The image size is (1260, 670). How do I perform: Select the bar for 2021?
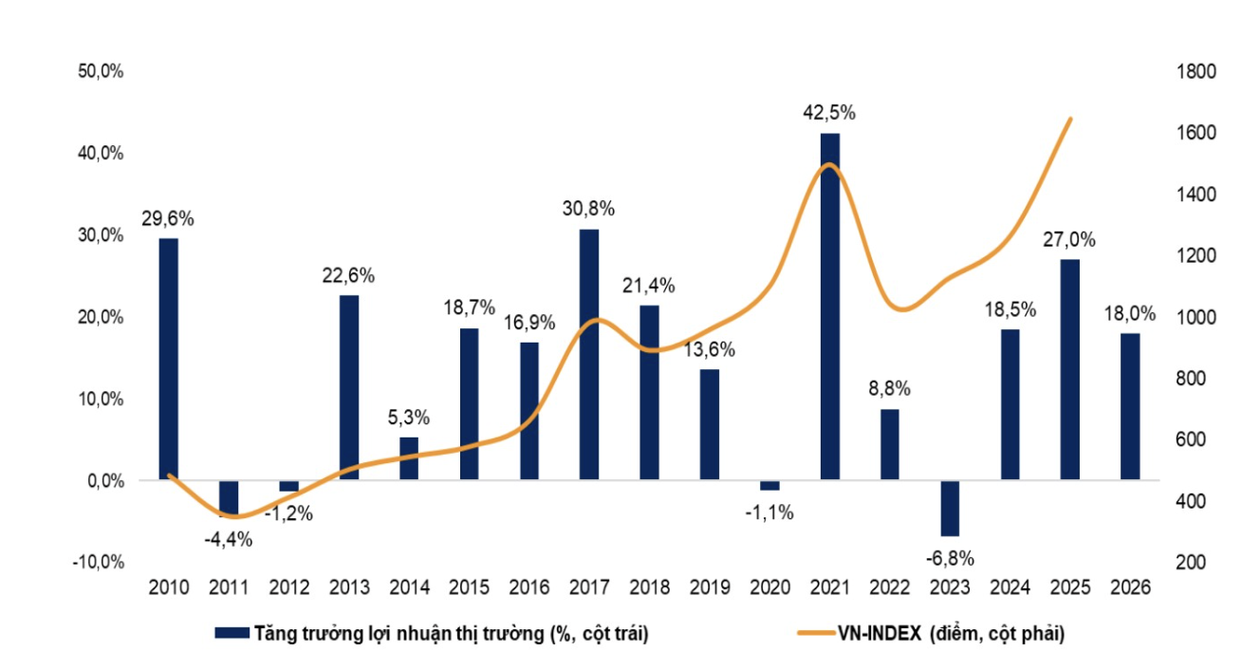click(x=830, y=306)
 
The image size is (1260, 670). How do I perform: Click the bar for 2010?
click(x=168, y=359)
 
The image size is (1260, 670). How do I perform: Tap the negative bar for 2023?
click(x=951, y=508)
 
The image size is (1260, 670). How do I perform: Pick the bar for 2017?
click(x=589, y=354)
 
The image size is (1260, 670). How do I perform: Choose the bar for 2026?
click(x=1130, y=406)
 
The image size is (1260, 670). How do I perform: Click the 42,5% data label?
click(x=830, y=113)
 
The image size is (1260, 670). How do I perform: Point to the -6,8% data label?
click(x=951, y=557)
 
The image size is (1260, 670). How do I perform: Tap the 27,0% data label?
click(x=1070, y=239)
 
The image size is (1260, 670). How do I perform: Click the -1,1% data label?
click(x=769, y=512)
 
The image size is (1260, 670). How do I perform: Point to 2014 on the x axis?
click(x=409, y=587)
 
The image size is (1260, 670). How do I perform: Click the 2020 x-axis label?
click(x=769, y=587)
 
